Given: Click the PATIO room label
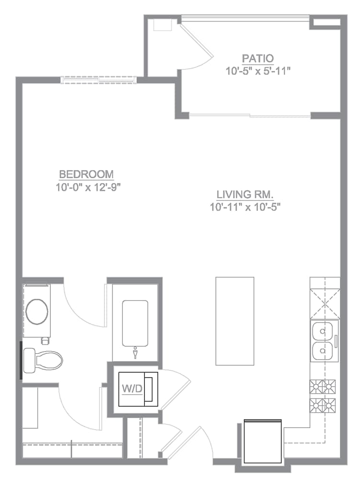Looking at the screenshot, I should (258, 59).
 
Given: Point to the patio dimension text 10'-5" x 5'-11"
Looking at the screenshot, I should (259, 71).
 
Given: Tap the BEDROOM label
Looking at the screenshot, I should (86, 174).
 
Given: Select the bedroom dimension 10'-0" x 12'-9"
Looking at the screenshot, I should (87, 186).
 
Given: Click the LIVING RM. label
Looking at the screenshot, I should (244, 194).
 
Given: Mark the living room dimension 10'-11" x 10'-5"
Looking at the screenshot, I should (244, 207).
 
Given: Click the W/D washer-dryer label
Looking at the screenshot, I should (132, 388).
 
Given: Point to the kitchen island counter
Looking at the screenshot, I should (234, 321).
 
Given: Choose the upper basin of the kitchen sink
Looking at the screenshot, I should (323, 331).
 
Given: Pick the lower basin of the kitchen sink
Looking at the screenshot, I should (323, 351).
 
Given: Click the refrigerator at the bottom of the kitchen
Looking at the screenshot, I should (262, 442).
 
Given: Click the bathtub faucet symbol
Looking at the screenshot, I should (135, 353).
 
